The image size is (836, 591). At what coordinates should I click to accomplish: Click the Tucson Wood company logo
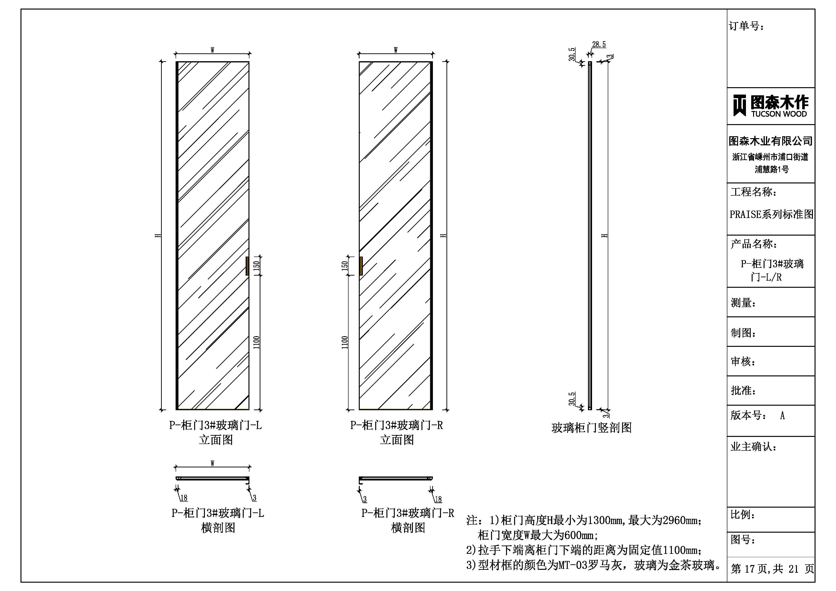coord(770,106)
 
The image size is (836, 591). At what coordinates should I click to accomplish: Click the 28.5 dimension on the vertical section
coord(599,45)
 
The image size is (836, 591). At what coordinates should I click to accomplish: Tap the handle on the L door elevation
coord(247,266)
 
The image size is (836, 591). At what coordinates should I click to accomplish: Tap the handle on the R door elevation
coord(361,266)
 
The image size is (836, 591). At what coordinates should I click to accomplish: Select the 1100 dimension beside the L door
coord(257,343)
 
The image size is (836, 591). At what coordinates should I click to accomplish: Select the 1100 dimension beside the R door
coord(345,343)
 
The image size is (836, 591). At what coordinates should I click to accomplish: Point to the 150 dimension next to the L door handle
coord(257,265)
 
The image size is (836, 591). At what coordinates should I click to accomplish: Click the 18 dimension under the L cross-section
coord(184,498)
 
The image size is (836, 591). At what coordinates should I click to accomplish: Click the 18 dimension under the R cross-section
coord(438,499)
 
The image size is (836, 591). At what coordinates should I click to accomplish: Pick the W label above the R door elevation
coord(396,50)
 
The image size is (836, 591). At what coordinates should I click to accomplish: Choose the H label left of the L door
coord(158,235)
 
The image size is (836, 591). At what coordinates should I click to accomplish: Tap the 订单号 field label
coord(746,26)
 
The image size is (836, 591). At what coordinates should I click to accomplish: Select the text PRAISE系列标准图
coord(771,214)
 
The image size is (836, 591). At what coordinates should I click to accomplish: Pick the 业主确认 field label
coord(753,447)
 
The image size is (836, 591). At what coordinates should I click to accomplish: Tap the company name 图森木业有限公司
coord(771,141)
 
